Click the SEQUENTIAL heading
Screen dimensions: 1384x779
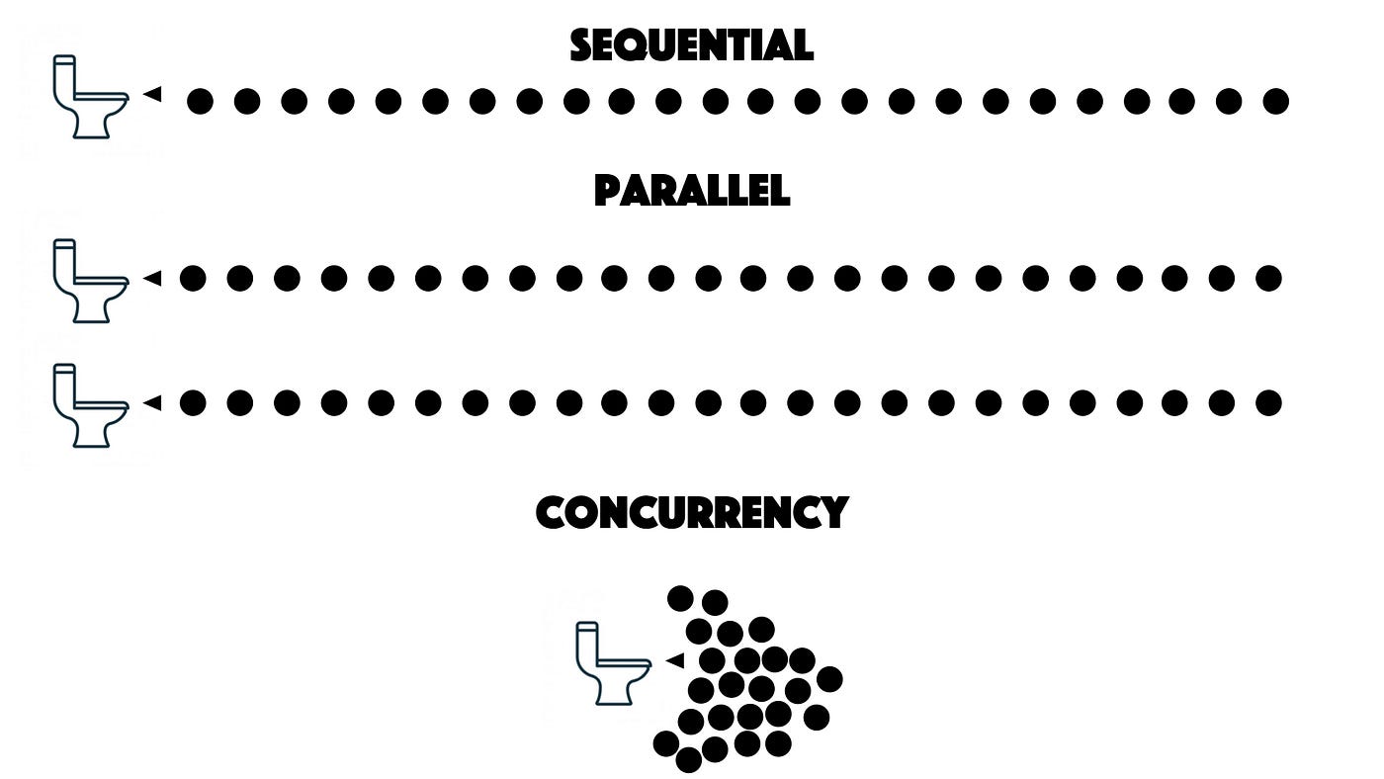pos(691,45)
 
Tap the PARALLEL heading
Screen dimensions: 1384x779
pos(691,190)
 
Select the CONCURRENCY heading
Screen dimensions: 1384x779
pos(691,512)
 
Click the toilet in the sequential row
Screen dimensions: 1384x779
pos(89,97)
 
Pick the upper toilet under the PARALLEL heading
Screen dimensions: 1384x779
pos(89,281)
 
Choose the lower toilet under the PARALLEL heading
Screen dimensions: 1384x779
pos(89,405)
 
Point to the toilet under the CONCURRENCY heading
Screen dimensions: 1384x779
pos(612,663)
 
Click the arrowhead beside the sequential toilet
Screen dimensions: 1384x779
pos(152,94)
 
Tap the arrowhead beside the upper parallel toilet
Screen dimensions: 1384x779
pos(152,279)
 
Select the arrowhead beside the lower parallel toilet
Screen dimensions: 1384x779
pos(152,402)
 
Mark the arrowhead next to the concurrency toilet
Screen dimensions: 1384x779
pos(675,659)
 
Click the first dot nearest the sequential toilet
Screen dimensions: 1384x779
pos(200,101)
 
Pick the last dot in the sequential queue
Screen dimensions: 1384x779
pos(1276,101)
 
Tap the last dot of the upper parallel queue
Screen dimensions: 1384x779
pos(1268,279)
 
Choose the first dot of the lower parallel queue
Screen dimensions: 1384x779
pos(193,402)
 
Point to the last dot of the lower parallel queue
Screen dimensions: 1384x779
pos(1268,402)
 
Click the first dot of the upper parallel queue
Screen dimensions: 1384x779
pos(193,279)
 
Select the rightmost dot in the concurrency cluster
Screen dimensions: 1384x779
pos(829,679)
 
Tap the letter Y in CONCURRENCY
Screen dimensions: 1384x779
pos(833,513)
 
